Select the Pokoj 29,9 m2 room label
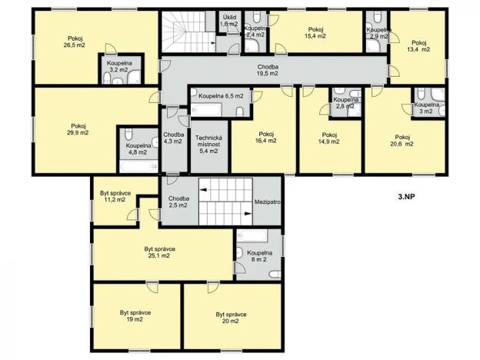point(78,129)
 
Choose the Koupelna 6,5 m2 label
point(221,96)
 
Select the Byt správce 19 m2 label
point(135,317)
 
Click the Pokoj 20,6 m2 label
point(403,141)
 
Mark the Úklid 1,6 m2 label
point(229,20)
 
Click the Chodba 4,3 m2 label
point(173,138)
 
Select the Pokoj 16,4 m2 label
point(266,137)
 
